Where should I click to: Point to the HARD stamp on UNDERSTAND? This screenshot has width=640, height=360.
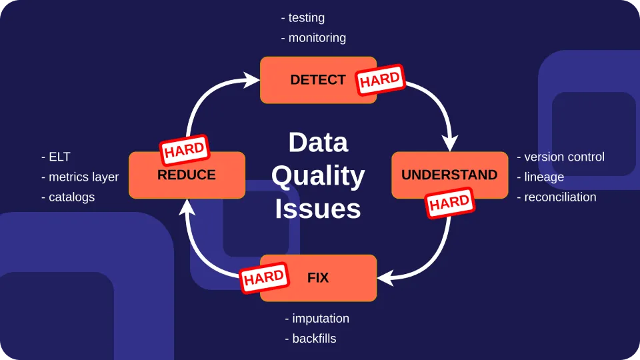(449, 203)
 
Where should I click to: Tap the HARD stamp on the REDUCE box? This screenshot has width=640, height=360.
(185, 150)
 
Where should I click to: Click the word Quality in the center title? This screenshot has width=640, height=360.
(318, 176)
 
